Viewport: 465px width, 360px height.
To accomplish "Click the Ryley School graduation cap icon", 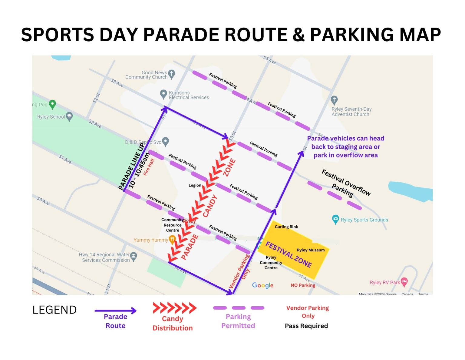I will tap(69, 117).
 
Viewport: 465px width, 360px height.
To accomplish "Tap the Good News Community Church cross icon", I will tap(172, 74).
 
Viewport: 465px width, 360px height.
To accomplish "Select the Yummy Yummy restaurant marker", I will tap(172, 240).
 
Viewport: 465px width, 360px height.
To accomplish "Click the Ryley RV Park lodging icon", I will tap(404, 282).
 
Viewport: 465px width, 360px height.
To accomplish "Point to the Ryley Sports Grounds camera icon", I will tap(335, 219).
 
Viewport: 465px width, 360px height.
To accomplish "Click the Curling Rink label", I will tap(286, 227).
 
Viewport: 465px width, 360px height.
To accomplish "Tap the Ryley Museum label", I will tap(311, 250).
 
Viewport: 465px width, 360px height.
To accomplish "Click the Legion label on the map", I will tap(195, 185).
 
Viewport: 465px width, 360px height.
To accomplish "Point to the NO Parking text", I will tap(303, 285).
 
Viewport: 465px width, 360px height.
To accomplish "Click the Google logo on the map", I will tap(262, 285).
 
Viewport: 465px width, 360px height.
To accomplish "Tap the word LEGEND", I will tap(54, 310).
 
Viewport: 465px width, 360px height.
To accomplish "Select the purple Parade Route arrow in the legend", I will tap(115, 311).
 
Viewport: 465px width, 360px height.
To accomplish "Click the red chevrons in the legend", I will tap(174, 308).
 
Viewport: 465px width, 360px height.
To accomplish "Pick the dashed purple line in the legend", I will tap(239, 308).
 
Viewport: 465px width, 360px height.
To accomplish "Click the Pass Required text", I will tap(306, 326).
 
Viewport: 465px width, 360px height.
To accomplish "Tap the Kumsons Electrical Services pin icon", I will tap(163, 94).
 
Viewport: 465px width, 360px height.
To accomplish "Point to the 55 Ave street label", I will tap(269, 60).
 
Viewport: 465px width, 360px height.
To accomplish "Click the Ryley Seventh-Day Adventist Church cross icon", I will tap(334, 100).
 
